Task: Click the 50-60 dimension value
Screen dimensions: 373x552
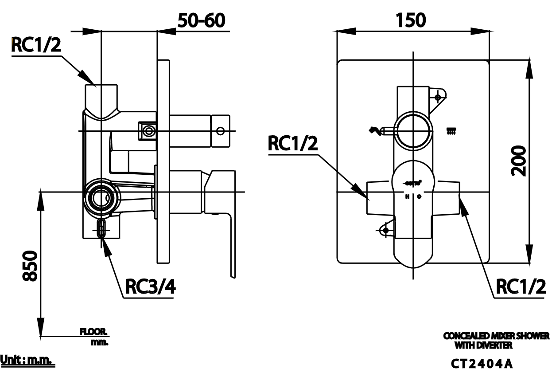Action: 202,20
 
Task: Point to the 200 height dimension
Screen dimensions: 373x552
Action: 518,161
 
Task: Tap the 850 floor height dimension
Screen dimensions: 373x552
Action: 30,265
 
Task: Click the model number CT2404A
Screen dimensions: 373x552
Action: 482,364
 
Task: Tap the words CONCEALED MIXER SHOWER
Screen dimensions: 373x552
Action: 496,336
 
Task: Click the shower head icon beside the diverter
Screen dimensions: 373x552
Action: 451,130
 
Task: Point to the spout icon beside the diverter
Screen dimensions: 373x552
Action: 375,130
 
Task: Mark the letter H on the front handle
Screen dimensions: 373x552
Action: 407,196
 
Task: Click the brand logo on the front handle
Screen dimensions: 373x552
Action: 412,182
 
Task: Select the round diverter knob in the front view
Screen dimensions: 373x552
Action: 413,131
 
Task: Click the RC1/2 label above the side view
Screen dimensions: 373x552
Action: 35,45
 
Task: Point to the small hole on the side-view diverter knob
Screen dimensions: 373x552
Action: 220,131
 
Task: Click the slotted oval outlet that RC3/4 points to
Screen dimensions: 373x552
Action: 101,228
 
